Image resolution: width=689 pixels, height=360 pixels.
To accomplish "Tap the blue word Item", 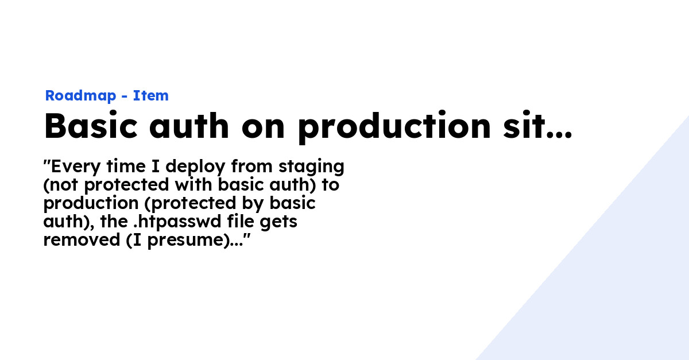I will click(150, 96).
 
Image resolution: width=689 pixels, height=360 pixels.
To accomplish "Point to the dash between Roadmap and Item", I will click(123, 96).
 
